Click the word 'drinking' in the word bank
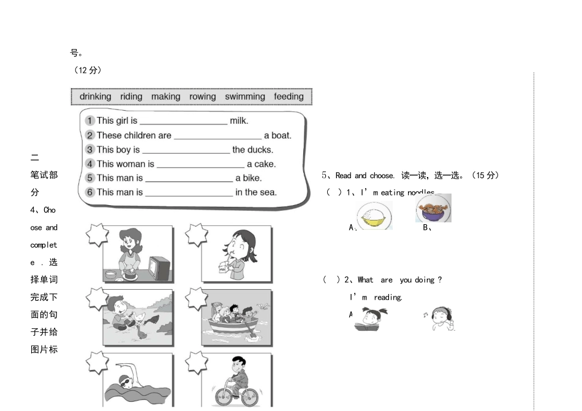96,96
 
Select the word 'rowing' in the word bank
202,96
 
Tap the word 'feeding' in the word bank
289,96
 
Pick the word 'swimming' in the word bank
245,96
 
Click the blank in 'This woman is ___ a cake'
200,165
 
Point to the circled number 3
90,149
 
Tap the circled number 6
90,192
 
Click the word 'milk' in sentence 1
239,121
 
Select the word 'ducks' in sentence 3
260,149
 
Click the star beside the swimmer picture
97,363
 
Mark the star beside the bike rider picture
197,362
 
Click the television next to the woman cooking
161,268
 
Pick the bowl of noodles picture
434,208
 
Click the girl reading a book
369,319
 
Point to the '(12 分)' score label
88,70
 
